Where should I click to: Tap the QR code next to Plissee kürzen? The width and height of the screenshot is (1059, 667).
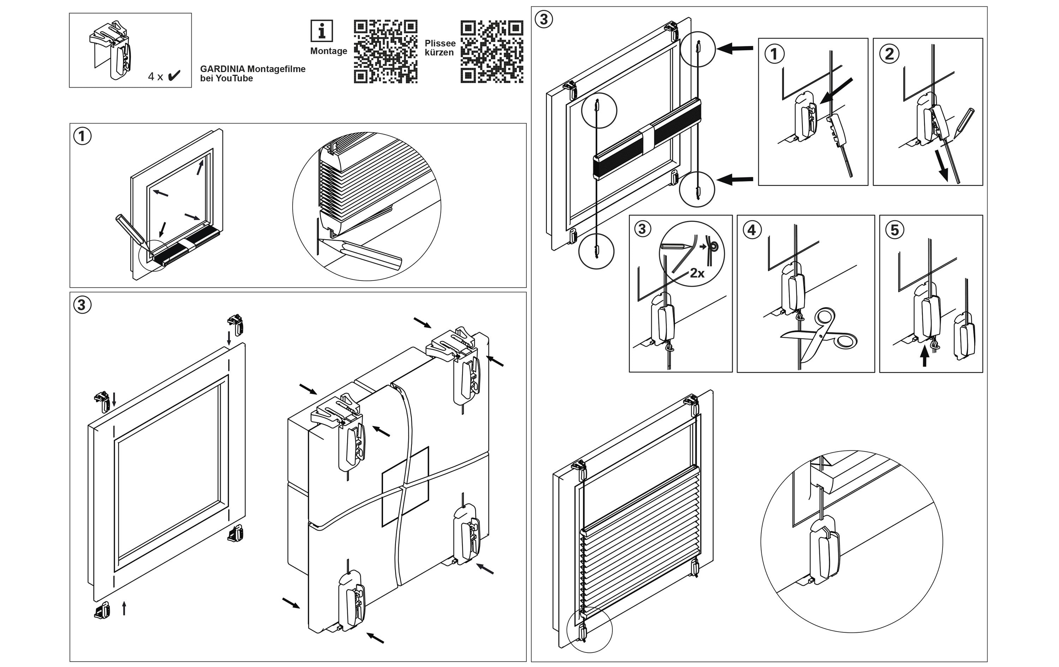(492, 52)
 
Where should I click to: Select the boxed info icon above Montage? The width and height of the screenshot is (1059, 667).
(322, 31)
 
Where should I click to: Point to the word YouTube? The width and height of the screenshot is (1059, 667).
(234, 78)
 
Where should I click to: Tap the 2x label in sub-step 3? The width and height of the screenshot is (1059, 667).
(697, 273)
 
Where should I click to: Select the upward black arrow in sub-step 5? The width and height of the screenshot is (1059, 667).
(925, 356)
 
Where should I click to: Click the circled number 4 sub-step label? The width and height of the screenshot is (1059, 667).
(752, 230)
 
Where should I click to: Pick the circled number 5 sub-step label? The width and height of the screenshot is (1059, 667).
(895, 230)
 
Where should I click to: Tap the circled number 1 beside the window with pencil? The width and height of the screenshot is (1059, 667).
(82, 136)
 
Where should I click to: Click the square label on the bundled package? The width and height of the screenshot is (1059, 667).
(405, 486)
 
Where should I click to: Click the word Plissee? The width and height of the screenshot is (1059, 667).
(440, 43)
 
